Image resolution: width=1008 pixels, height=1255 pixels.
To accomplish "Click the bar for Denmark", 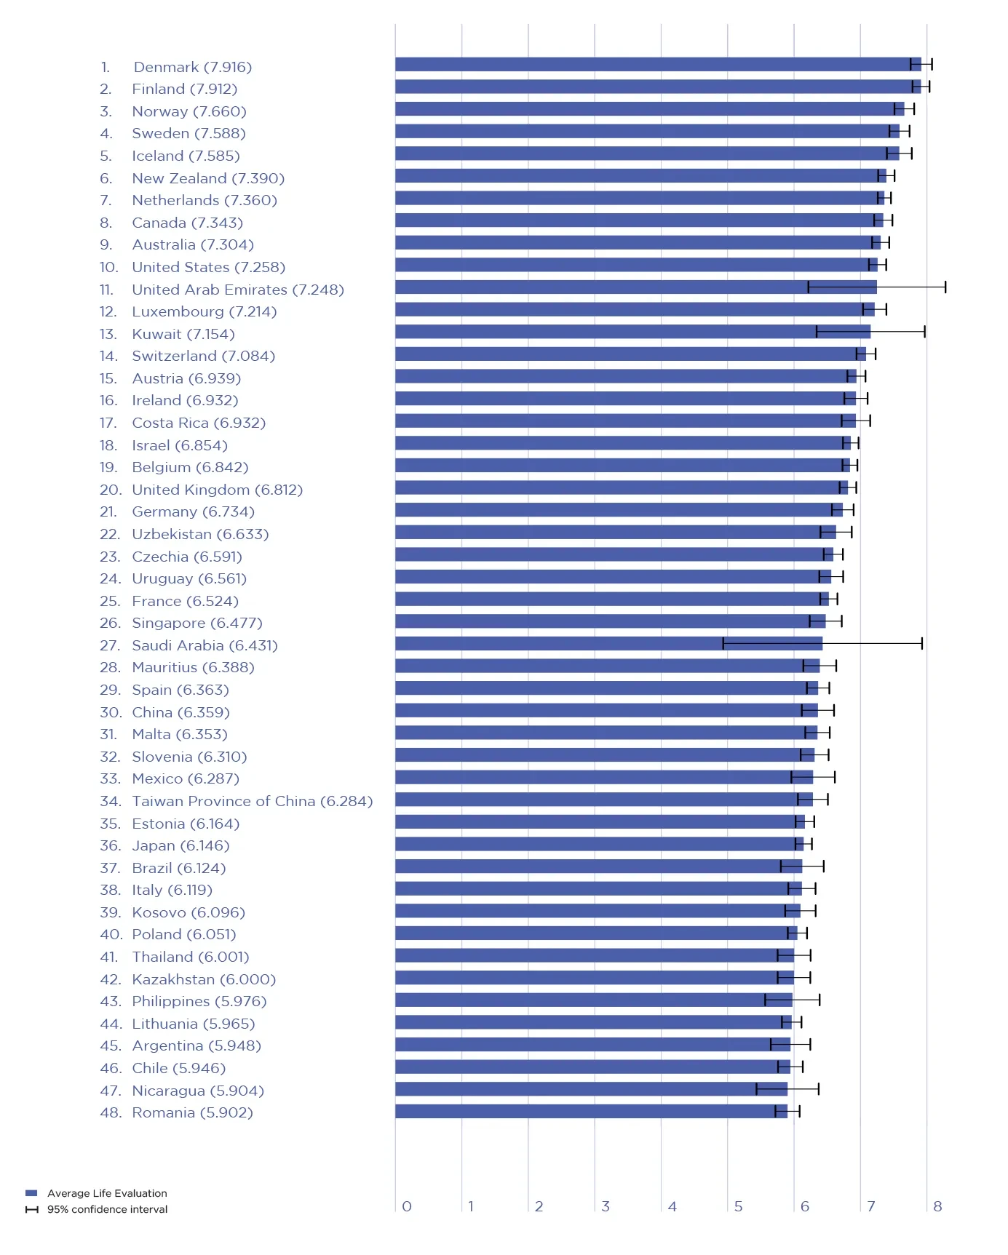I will [655, 65].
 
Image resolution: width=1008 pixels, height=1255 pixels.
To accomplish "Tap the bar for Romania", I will [590, 1112].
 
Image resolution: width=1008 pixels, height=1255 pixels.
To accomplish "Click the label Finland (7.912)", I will [184, 89].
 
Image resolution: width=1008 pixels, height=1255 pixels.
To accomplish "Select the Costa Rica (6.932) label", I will [199, 423].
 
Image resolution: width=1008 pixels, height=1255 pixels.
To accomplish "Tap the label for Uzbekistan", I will [200, 535].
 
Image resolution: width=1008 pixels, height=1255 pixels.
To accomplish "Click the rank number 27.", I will [109, 646].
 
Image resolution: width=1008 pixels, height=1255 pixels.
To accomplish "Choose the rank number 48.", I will [110, 1113].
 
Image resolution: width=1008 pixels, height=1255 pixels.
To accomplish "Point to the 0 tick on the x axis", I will [407, 1207].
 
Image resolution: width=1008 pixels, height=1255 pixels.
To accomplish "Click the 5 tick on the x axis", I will [738, 1207].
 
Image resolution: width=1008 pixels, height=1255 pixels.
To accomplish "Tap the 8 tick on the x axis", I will [937, 1207].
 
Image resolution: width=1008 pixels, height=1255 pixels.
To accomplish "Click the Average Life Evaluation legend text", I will [107, 1193].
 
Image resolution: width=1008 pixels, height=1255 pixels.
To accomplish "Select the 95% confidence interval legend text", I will [107, 1209].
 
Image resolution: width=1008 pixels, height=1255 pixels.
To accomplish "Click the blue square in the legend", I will [31, 1193].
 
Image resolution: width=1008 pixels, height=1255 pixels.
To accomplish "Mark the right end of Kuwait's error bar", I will [924, 332].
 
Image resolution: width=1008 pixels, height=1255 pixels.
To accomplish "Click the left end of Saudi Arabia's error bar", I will [723, 644].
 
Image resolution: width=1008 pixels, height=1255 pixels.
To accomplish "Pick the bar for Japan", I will [597, 844].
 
